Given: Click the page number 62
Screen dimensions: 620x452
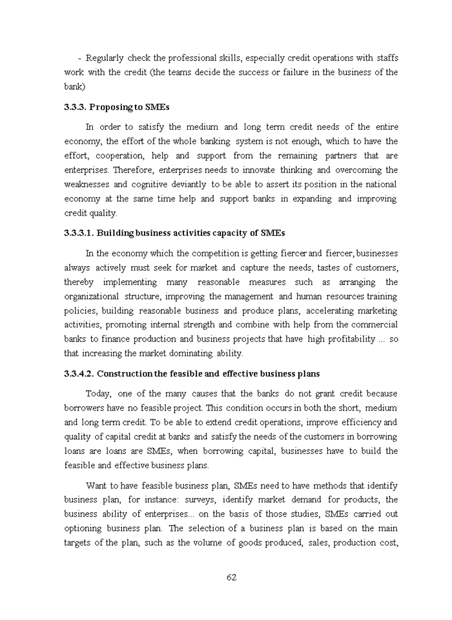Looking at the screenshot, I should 231,577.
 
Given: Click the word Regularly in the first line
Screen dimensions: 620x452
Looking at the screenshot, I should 105,58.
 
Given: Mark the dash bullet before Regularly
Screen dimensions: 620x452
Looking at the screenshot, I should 79,58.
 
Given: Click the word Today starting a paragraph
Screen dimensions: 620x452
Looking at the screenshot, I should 98,393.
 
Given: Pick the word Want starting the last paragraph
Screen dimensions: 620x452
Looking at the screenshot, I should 97,485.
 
